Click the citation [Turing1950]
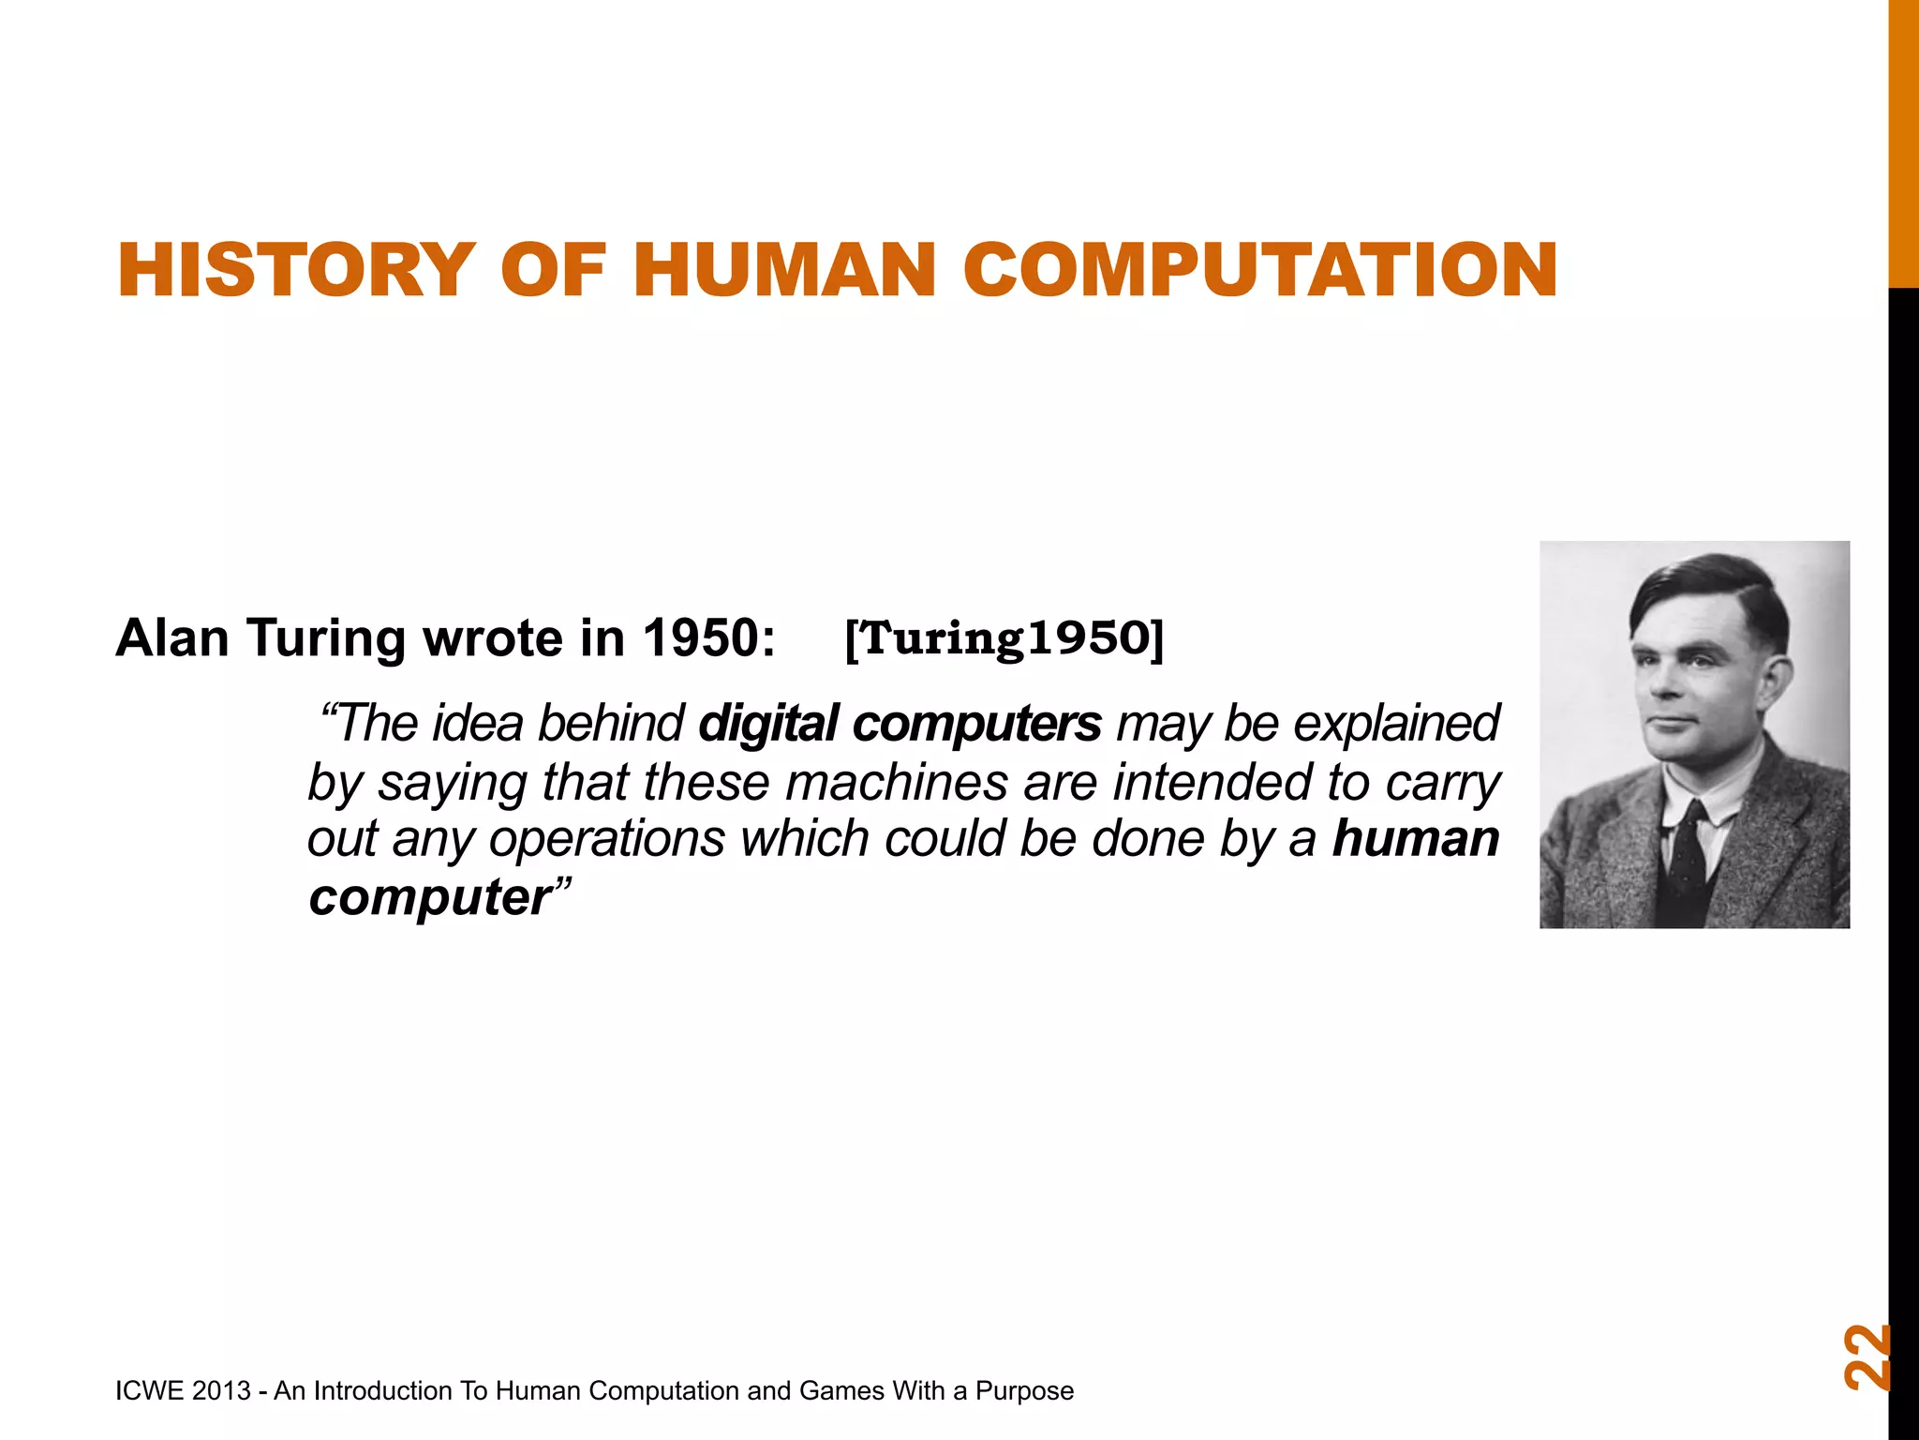[1004, 638]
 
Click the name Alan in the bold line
[172, 638]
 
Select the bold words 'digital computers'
[900, 724]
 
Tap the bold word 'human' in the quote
[1415, 838]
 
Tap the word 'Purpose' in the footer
[1024, 1390]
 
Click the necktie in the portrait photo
[1689, 851]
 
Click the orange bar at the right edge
[1902, 141]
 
